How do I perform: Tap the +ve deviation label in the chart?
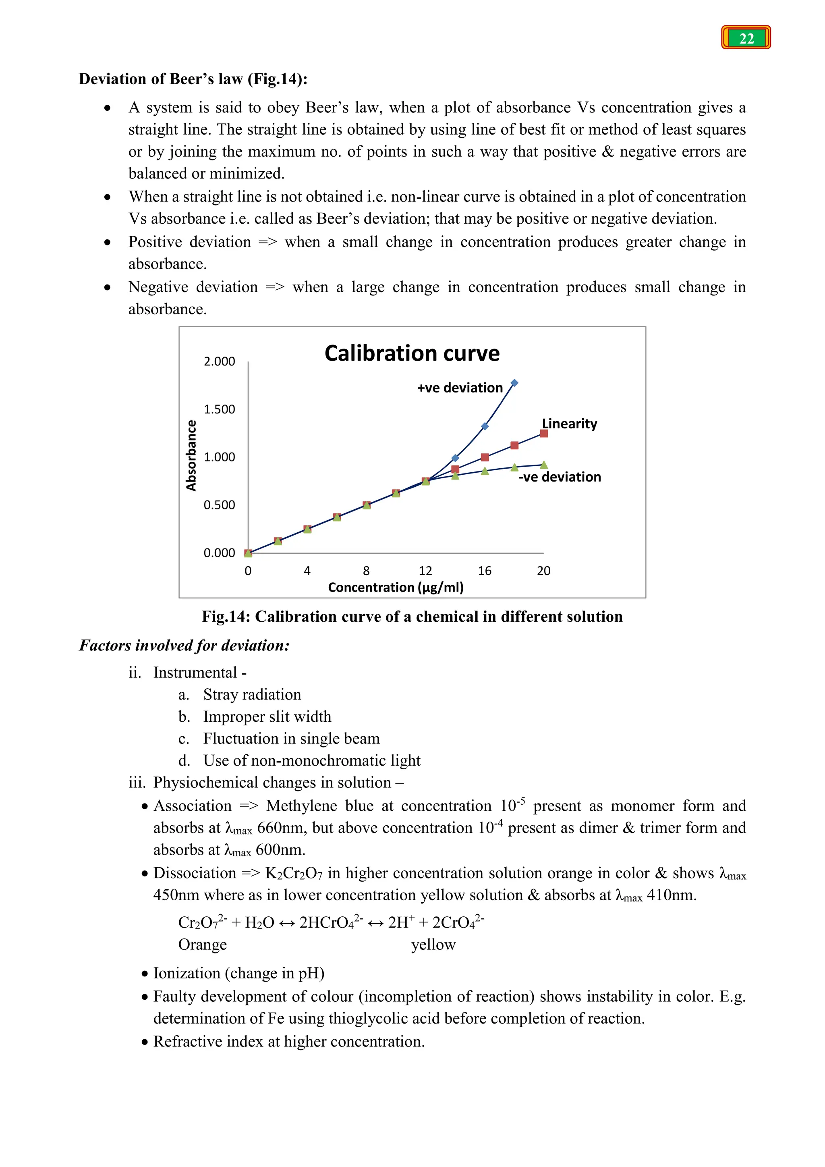pos(460,388)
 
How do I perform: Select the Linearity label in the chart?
pos(570,424)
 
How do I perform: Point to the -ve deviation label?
pos(559,477)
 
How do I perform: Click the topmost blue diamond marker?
pos(514,383)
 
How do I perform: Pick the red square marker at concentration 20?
pos(543,434)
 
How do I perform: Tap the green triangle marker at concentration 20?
pos(543,465)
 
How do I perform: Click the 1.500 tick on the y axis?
pos(219,409)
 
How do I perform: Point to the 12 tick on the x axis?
pos(425,571)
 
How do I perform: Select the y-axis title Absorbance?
pos(191,455)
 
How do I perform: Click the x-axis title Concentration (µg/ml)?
pos(396,588)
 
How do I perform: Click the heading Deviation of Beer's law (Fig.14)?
pos(193,79)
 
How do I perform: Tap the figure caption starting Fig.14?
pos(412,617)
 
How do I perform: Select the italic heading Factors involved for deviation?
pos(184,646)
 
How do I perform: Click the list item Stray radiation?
pos(252,694)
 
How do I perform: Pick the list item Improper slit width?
pos(267,716)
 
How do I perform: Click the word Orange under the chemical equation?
pos(202,945)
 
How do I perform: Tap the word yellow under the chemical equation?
pos(433,945)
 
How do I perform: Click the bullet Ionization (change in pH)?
pos(239,973)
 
